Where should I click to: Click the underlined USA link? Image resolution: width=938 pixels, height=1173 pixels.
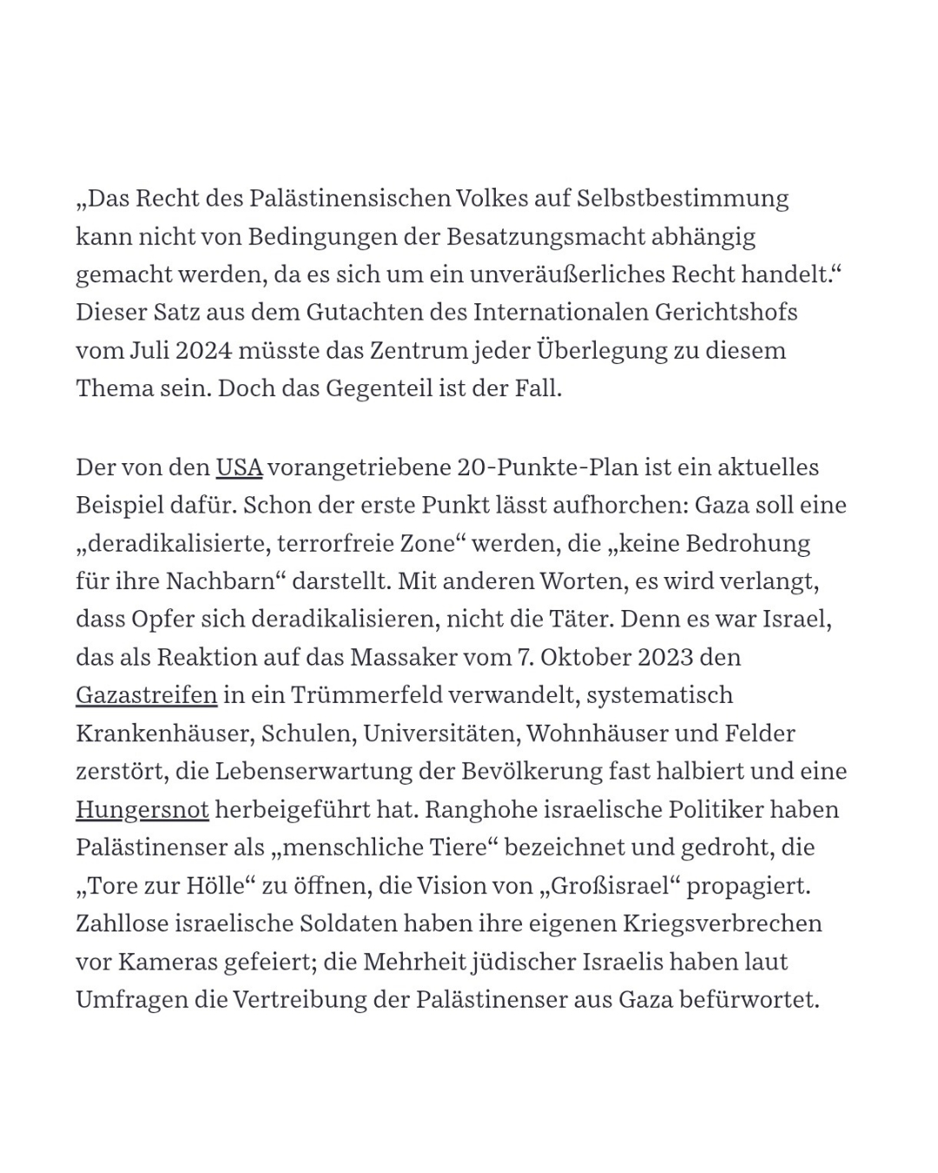[x=239, y=467]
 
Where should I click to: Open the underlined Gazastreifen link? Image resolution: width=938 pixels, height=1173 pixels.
[x=146, y=695]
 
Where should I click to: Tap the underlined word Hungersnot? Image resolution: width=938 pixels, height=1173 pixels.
[x=142, y=810]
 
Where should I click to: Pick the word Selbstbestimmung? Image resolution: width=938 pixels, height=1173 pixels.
[x=683, y=198]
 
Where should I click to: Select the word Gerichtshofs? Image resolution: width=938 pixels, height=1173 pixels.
[x=729, y=312]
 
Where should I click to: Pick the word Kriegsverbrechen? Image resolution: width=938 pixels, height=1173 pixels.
[x=723, y=924]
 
